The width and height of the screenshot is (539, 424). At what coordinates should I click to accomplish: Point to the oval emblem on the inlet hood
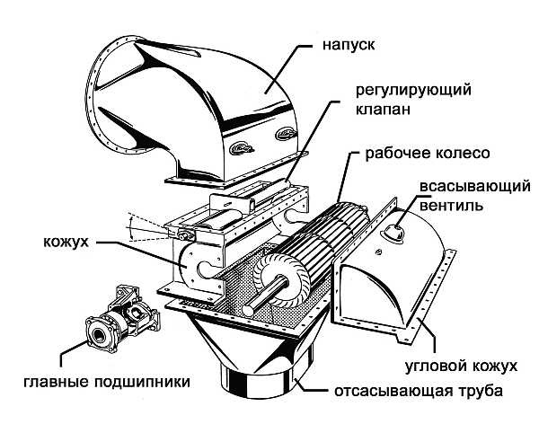pos(241,147)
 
